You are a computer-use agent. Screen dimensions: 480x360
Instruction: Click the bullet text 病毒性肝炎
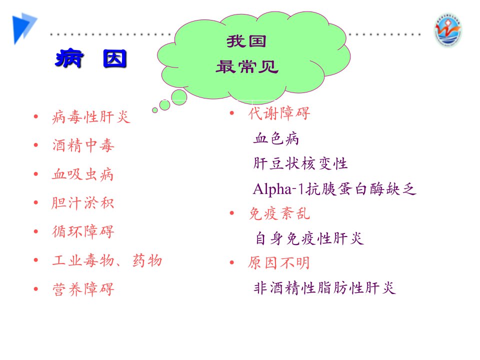(x=91, y=117)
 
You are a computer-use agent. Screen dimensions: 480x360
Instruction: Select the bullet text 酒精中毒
(x=83, y=145)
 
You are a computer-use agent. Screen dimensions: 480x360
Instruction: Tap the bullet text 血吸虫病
(x=82, y=174)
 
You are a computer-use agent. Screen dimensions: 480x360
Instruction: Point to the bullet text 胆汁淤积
(x=82, y=203)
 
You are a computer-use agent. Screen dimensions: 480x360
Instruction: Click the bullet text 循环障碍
(x=83, y=231)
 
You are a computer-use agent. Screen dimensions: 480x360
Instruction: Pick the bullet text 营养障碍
(x=83, y=289)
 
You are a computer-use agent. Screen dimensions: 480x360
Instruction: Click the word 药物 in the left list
(x=147, y=260)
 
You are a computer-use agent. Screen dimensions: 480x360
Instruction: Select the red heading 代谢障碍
(x=279, y=113)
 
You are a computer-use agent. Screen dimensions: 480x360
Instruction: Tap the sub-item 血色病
(x=276, y=138)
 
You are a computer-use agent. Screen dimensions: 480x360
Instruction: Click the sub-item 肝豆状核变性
(x=300, y=163)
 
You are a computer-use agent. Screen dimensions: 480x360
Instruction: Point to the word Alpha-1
(x=278, y=189)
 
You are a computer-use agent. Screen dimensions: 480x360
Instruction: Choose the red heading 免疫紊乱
(x=279, y=213)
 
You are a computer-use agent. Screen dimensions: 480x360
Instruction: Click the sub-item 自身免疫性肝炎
(x=310, y=238)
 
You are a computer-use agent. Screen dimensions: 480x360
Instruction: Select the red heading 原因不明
(x=279, y=263)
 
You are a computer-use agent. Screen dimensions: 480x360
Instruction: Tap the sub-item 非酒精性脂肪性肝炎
(x=325, y=288)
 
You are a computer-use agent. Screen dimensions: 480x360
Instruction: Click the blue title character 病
(x=69, y=58)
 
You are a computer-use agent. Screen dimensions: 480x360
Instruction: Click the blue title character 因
(x=115, y=58)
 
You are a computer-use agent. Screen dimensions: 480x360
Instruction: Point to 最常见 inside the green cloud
(x=247, y=66)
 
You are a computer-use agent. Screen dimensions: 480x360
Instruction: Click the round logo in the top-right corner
(x=448, y=30)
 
